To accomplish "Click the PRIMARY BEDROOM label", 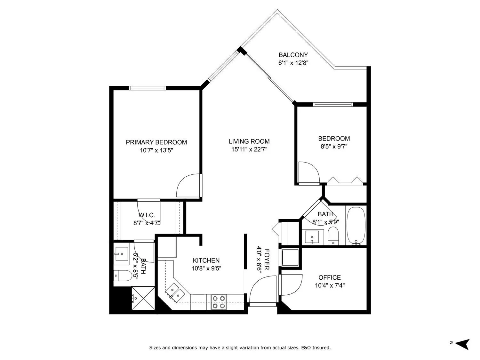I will click(x=156, y=142).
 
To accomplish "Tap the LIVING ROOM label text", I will click(x=249, y=141).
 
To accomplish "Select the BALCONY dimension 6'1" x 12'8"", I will click(x=293, y=63).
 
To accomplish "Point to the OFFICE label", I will click(x=329, y=277).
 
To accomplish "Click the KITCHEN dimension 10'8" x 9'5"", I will click(x=206, y=268).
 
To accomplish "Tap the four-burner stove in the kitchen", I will click(x=219, y=302).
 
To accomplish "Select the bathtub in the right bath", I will click(x=356, y=226).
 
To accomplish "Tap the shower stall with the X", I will click(x=143, y=298).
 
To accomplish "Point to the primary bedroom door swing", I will click(x=189, y=186).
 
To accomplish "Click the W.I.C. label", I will click(x=147, y=215).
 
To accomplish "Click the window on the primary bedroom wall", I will click(x=147, y=88).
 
